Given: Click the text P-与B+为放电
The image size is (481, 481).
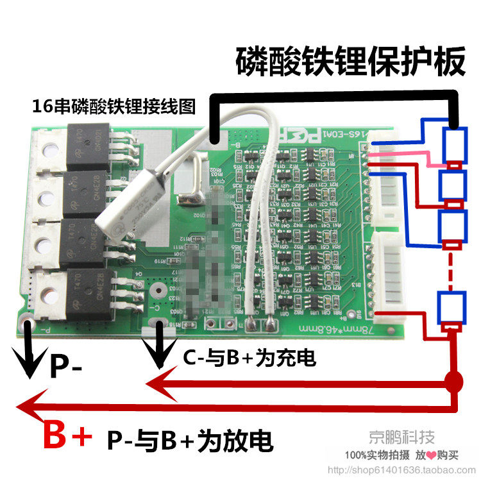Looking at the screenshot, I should point(189,440).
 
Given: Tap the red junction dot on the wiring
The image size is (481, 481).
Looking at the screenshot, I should point(454,384).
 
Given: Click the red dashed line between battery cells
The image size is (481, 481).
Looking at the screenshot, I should point(453,269).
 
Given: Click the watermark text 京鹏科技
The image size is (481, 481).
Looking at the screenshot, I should point(401,437).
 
